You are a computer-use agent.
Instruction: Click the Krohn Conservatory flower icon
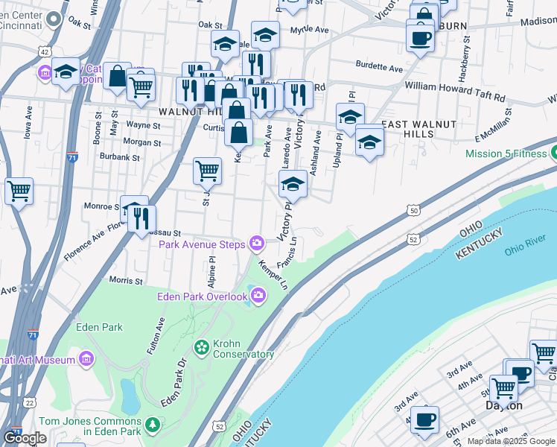pos(201,347)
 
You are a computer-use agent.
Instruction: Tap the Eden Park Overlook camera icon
pos(258,297)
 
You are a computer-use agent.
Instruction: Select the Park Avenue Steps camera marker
pos(257,243)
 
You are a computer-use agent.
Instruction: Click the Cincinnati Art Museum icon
pos(86,360)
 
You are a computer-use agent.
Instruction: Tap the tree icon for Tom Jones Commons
pos(153,424)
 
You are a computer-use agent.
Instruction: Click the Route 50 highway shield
pos(414,212)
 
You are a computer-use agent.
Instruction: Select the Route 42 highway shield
pos(45,51)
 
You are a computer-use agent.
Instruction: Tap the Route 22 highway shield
pos(30,403)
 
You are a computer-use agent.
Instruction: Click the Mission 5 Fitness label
pos(506,154)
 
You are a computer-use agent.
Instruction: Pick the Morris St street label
pos(126,281)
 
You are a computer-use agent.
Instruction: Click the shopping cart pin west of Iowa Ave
pos(19,190)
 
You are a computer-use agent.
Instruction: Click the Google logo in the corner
pos(25,438)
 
